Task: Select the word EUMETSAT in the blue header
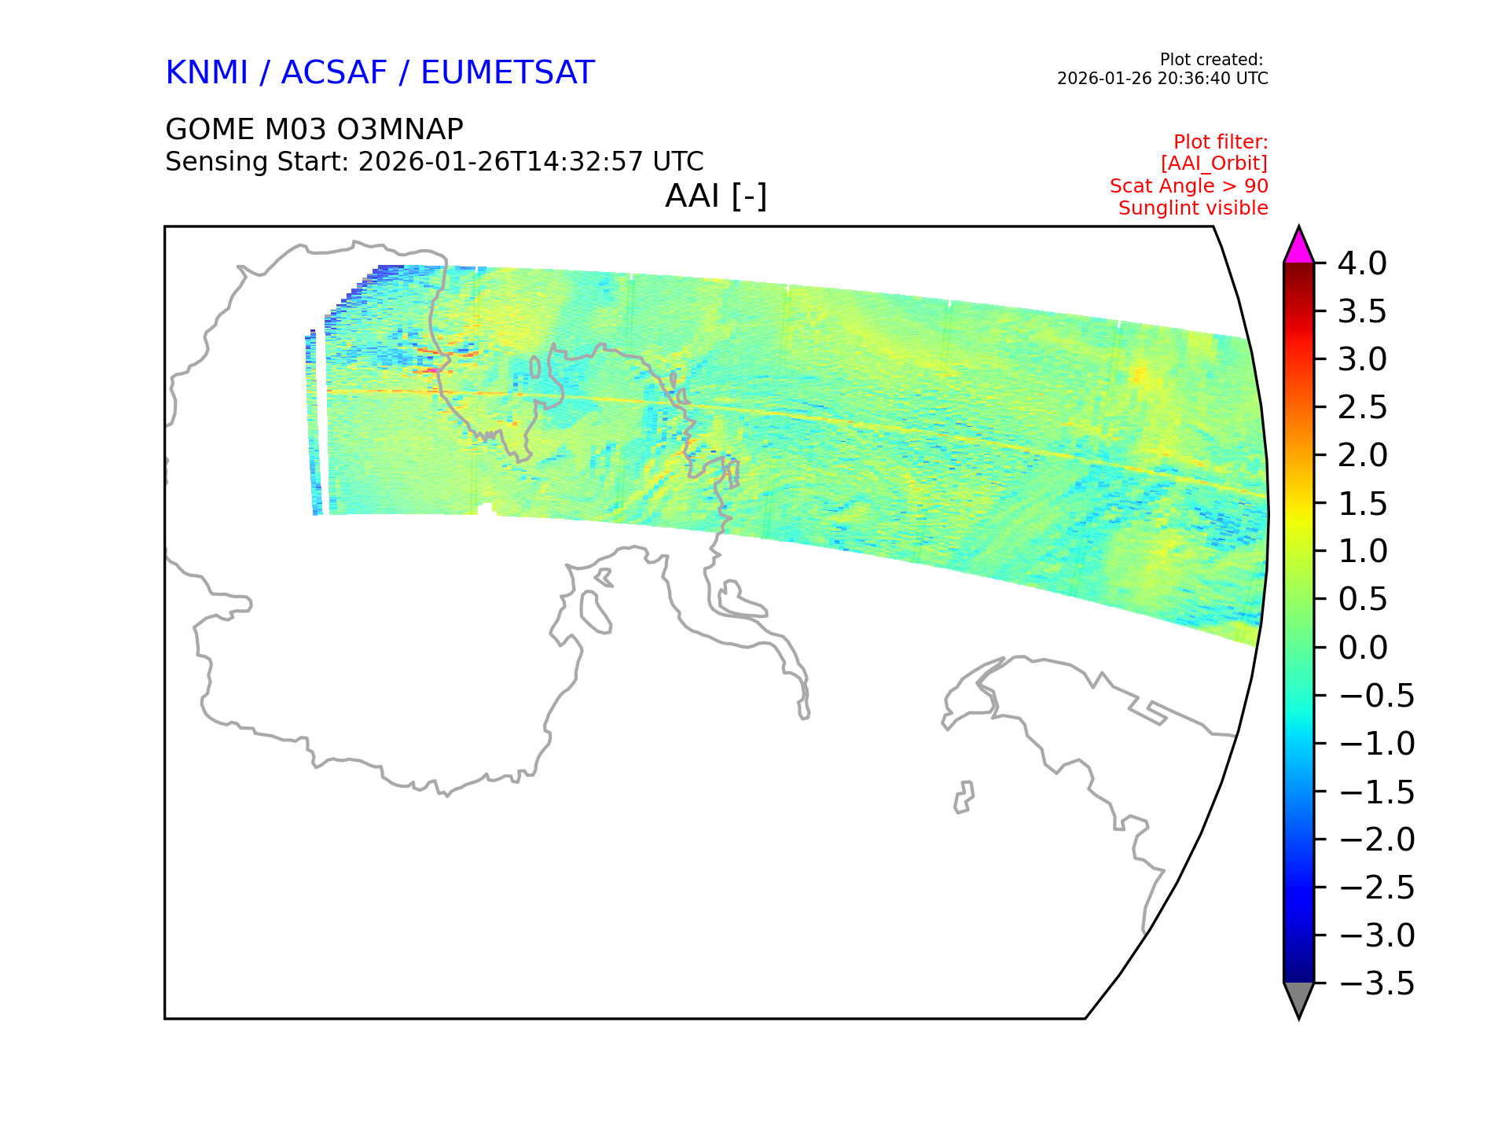508,72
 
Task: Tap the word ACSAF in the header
334,72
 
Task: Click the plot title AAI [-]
716,196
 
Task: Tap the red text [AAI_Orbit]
1214,164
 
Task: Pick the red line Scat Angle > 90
1189,186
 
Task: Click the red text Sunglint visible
1193,208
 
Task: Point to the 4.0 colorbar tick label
1362,263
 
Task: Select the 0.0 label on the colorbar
1362,648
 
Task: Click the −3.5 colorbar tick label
1376,983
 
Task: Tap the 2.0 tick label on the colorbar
1362,455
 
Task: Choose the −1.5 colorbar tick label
1376,792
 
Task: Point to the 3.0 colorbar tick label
1362,359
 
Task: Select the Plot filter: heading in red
1221,142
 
